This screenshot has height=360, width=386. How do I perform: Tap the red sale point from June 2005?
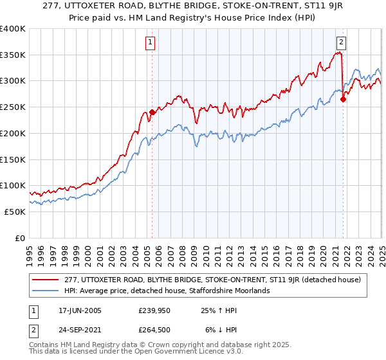tap(152, 113)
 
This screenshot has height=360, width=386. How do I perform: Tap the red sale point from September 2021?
tap(344, 99)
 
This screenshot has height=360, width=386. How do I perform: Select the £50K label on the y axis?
tap(14, 212)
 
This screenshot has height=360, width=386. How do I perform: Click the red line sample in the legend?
tap(44, 279)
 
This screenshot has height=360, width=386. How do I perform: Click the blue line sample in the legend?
tap(44, 291)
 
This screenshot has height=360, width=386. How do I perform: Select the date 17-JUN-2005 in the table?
tap(75, 310)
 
